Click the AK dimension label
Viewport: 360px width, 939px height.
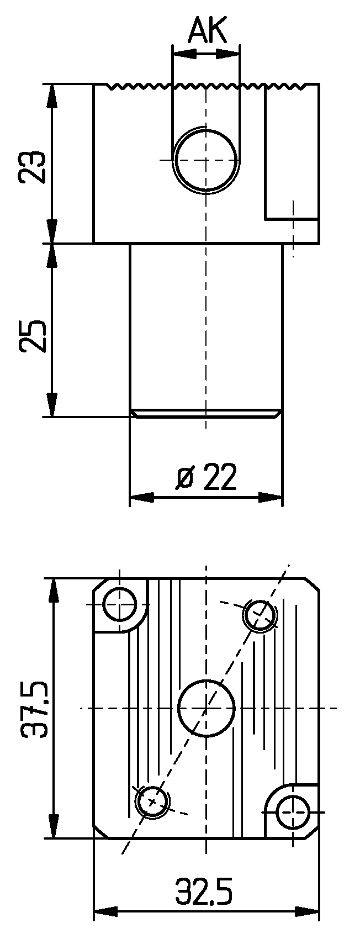208,31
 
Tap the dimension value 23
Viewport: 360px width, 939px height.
32,166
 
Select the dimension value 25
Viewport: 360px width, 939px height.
32,336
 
